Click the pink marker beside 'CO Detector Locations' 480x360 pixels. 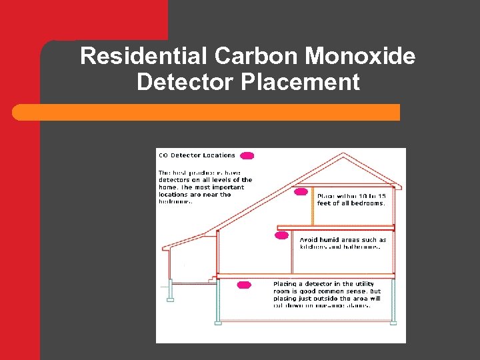click(x=247, y=156)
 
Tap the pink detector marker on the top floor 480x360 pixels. click(x=301, y=192)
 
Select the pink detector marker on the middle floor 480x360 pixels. click(x=282, y=235)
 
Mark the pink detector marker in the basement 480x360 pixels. click(x=244, y=285)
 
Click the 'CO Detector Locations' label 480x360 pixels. click(x=197, y=155)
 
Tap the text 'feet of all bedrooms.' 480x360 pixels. click(x=351, y=203)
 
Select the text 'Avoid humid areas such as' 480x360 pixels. click(x=343, y=240)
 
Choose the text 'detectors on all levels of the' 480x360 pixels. click(x=205, y=180)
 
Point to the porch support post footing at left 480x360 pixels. click(x=170, y=299)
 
